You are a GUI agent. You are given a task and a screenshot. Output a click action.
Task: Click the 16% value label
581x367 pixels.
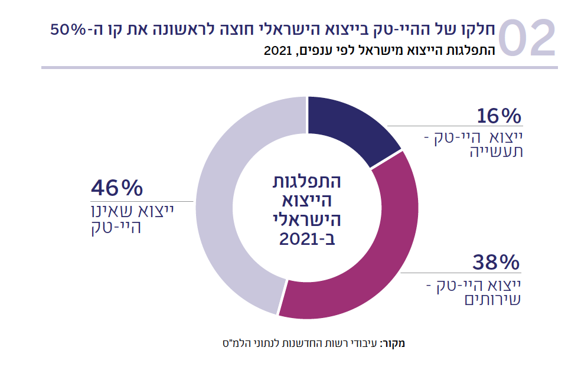pos(499,116)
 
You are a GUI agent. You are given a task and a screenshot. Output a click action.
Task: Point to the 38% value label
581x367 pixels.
pos(495,261)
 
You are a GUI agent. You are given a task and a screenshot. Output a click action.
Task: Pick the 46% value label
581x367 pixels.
pos(117,189)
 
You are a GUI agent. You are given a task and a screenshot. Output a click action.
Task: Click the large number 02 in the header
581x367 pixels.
pos(527,39)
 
